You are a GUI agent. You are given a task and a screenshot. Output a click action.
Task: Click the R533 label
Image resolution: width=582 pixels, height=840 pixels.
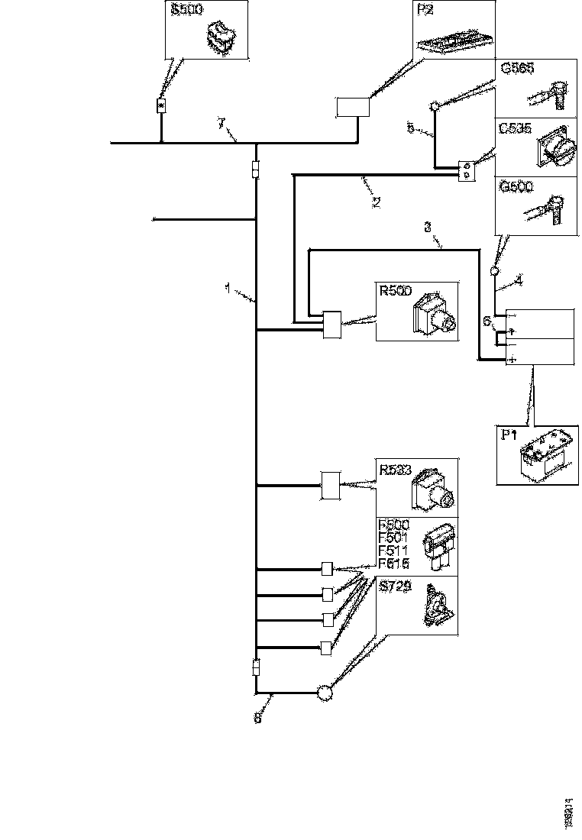tap(395, 467)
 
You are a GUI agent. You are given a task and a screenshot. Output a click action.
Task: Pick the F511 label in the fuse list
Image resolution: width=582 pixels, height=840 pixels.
tap(394, 551)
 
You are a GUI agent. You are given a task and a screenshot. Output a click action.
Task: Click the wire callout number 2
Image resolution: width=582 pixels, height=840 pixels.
tap(375, 202)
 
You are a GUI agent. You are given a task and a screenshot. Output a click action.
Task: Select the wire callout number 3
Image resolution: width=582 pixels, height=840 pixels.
tap(428, 227)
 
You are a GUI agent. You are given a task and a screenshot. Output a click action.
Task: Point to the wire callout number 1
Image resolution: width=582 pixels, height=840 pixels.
tap(227, 288)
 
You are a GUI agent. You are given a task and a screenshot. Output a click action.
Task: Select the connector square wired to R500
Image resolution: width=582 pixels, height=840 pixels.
tap(333, 325)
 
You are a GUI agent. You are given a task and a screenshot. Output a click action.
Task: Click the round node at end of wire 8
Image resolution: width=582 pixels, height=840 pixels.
tap(325, 693)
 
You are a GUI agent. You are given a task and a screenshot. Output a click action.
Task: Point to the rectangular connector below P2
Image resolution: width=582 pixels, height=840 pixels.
tap(353, 107)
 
